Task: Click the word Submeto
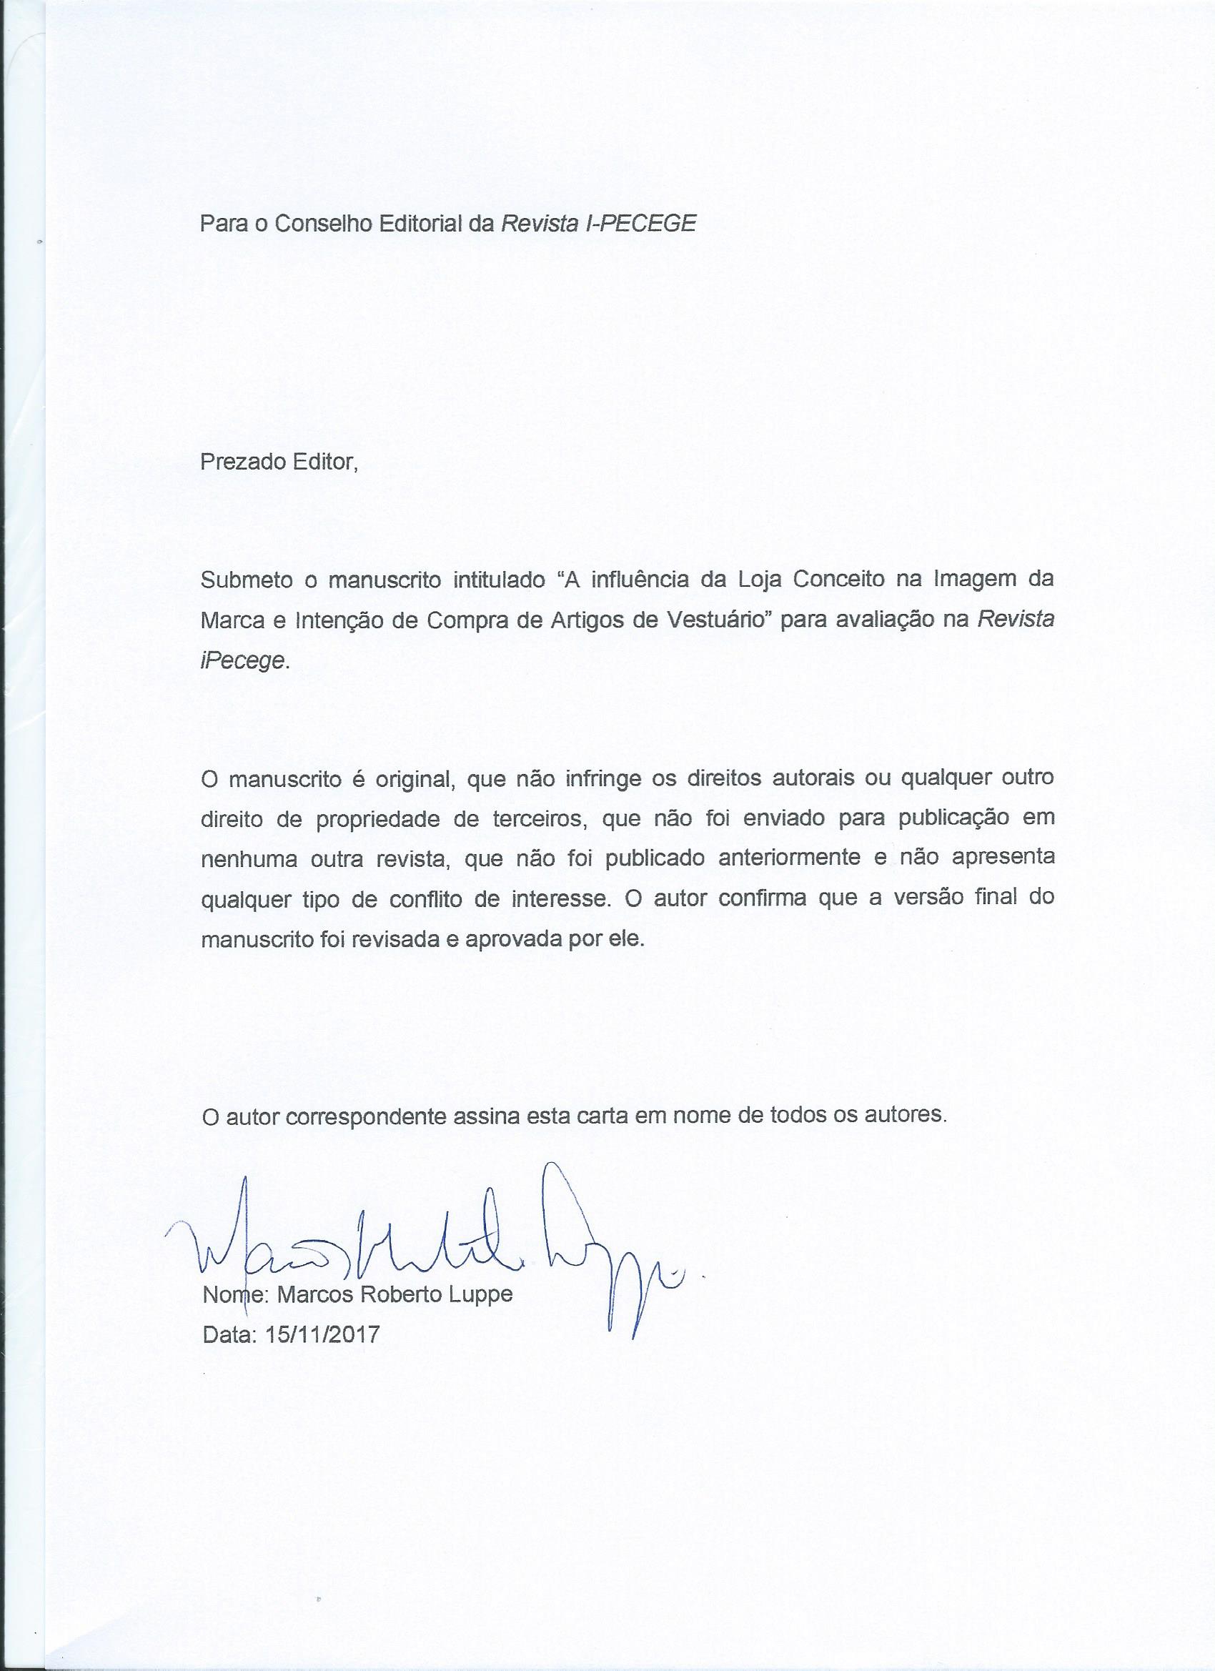coord(244,580)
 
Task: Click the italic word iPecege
coord(242,661)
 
